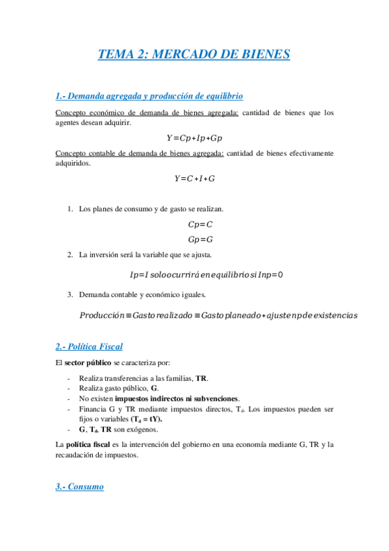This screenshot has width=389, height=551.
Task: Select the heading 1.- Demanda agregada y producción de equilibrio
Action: pyautogui.click(x=149, y=96)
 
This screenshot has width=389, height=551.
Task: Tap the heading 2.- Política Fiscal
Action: pyautogui.click(x=89, y=346)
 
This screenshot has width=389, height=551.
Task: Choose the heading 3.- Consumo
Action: pyautogui.click(x=79, y=486)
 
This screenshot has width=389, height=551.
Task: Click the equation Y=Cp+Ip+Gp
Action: pyautogui.click(x=194, y=138)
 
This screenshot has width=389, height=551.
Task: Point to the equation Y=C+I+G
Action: pyautogui.click(x=194, y=178)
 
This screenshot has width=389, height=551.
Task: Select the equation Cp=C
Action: pyautogui.click(x=200, y=224)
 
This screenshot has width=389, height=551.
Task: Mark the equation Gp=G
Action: pyautogui.click(x=200, y=239)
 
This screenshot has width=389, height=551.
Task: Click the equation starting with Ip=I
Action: pyautogui.click(x=207, y=274)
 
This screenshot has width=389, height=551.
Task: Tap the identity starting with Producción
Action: pyautogui.click(x=218, y=315)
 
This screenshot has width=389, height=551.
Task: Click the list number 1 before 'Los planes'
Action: pyautogui.click(x=70, y=209)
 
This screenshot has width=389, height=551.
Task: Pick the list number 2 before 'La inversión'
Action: pyautogui.click(x=70, y=255)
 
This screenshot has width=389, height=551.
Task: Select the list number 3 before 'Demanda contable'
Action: pyautogui.click(x=70, y=295)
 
